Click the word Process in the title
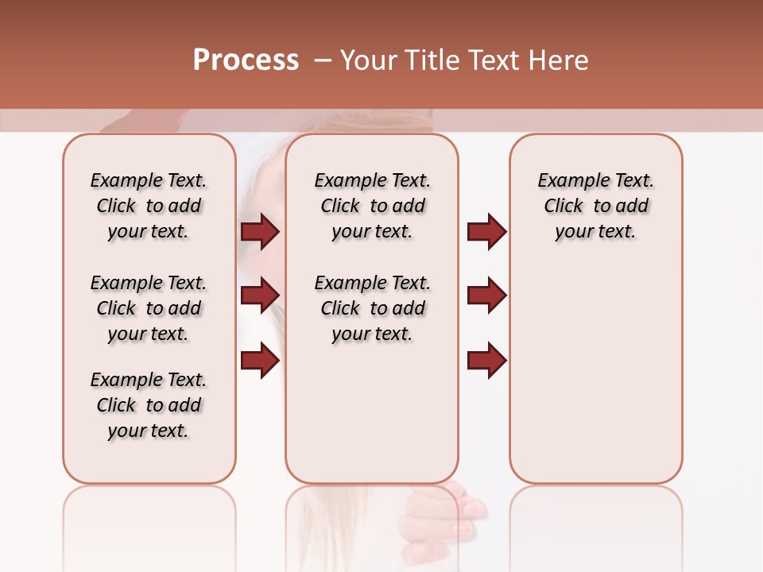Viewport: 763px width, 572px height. tap(246, 60)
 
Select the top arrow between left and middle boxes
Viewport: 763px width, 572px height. tap(260, 231)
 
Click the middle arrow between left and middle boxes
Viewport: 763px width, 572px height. tap(260, 296)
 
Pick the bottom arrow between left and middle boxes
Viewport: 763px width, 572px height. tap(260, 360)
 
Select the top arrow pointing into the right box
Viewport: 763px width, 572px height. tap(486, 231)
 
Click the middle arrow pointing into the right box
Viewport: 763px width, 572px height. tap(486, 296)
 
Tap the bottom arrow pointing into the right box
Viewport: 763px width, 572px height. tap(486, 360)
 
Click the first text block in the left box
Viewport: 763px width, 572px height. tap(149, 206)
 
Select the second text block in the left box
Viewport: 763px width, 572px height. tap(149, 308)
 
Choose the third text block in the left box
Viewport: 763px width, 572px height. tap(149, 405)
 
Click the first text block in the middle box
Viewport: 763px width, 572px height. tap(373, 206)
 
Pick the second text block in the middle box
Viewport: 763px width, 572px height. tap(373, 308)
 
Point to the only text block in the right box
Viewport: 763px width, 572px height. tap(596, 206)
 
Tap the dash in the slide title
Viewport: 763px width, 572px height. tap(323, 60)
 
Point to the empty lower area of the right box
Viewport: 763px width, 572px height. tap(596, 381)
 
